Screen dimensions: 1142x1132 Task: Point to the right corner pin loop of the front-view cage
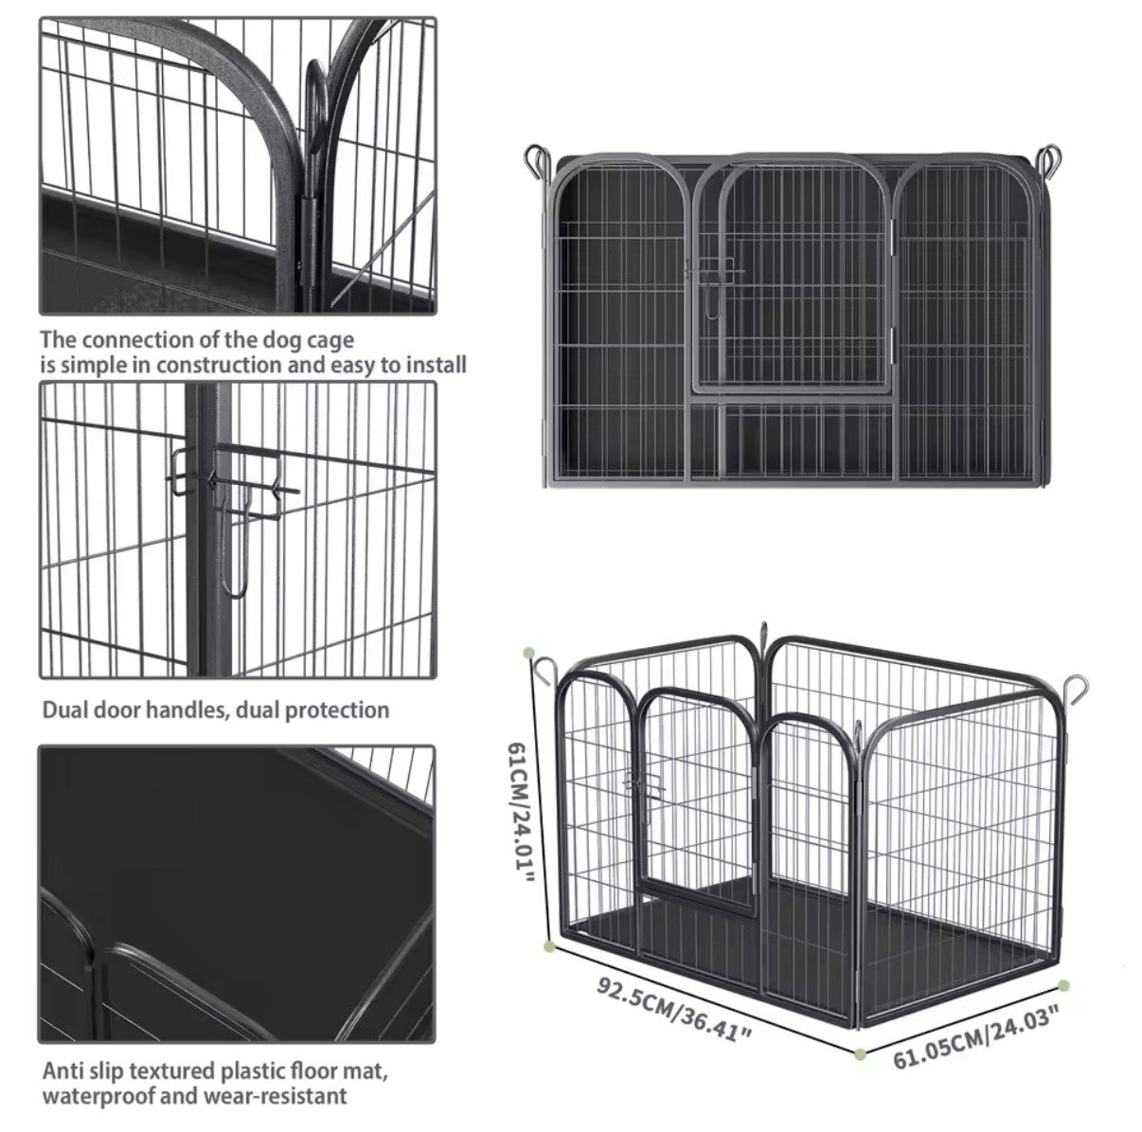1049,164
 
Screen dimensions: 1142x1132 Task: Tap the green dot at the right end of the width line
1063,985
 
